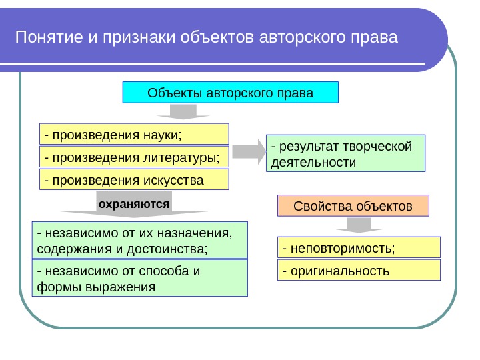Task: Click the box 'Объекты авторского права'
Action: [231, 93]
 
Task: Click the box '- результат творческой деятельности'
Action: [345, 154]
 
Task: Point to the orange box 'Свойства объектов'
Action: [353, 207]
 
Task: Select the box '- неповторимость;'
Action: [359, 247]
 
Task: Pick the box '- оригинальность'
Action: [359, 270]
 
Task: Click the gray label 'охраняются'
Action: [134, 202]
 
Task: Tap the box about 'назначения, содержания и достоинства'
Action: [140, 241]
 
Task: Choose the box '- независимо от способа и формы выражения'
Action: [140, 279]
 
